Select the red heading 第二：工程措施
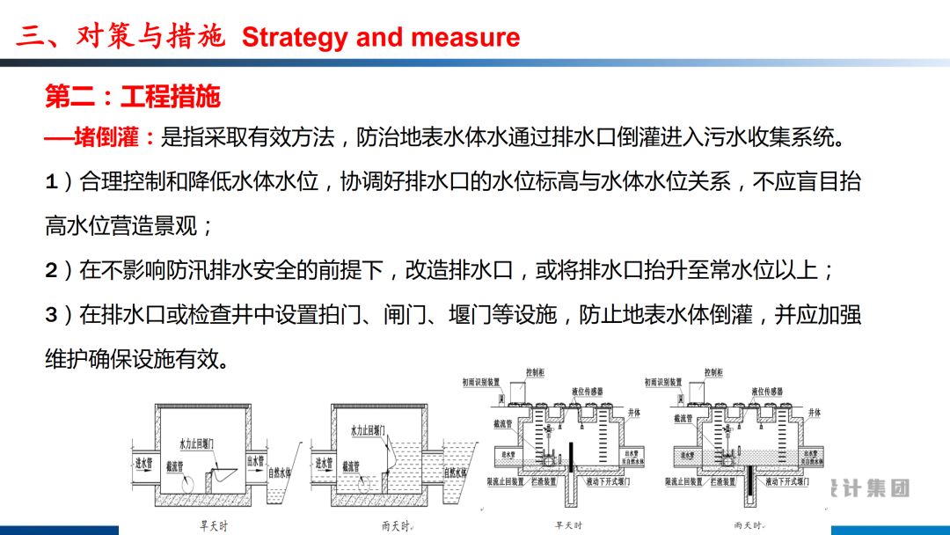(x=132, y=97)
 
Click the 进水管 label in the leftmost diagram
(x=142, y=461)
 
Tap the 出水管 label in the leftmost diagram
(x=256, y=460)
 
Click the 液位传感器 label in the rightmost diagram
(x=771, y=391)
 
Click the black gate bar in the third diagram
(x=569, y=457)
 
